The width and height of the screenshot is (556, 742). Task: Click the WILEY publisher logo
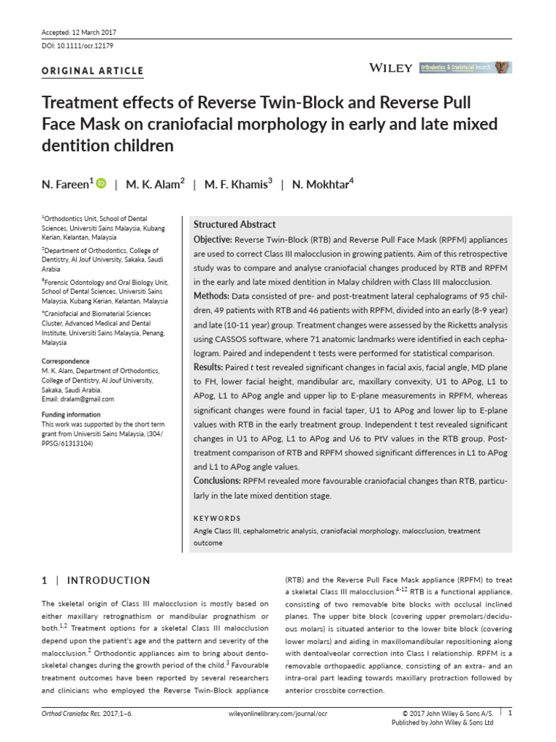390,67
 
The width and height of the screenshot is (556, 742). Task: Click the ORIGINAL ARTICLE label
92,71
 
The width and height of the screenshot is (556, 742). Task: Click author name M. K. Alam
156,185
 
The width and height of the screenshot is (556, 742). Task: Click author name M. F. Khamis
239,185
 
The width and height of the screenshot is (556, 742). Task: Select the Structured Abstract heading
234,225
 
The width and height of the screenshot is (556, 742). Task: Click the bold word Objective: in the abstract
213,239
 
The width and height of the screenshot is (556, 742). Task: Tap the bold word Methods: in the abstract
211,296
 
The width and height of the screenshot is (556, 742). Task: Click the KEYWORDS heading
217,519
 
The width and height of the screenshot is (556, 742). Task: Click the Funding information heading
72,415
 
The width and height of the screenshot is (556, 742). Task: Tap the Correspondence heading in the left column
65,361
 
